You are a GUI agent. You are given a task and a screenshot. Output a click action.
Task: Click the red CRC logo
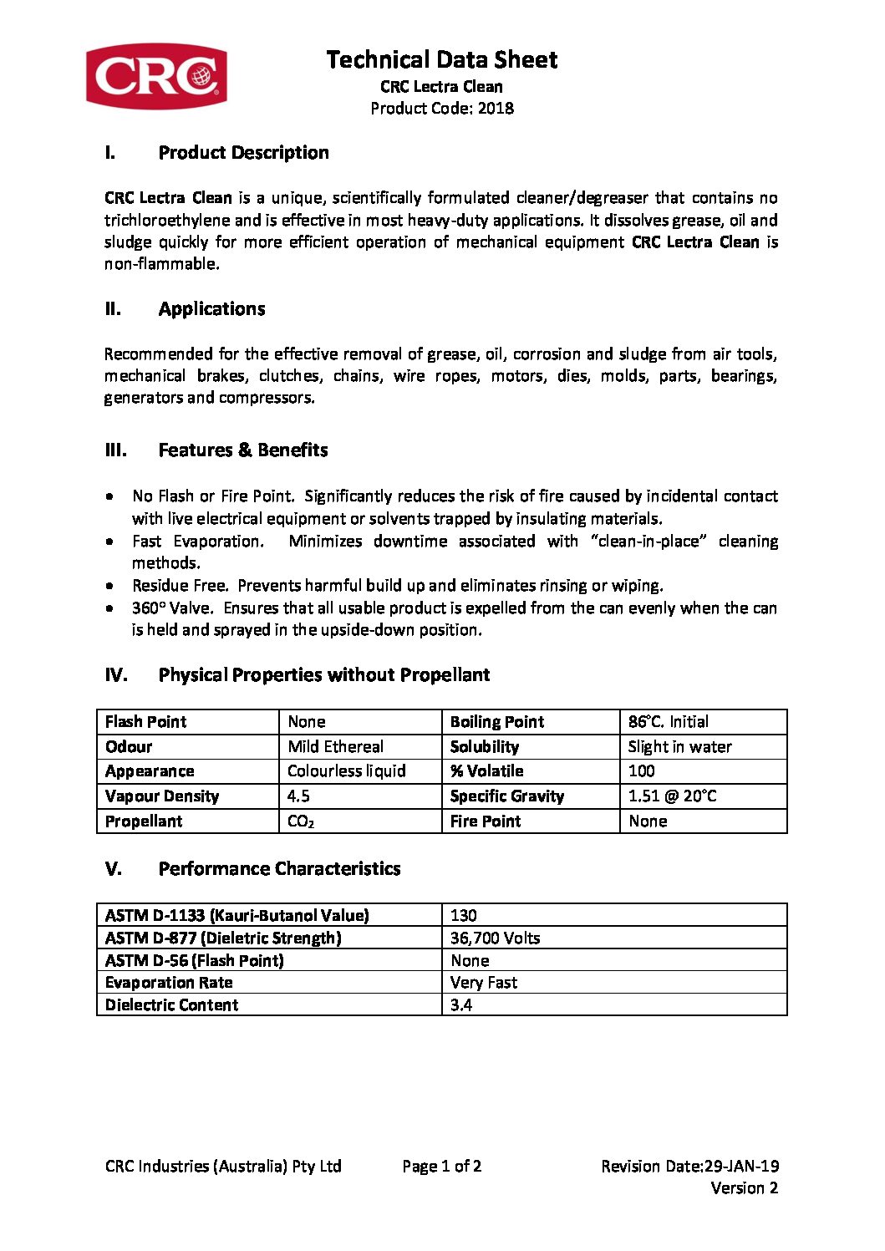[x=156, y=76]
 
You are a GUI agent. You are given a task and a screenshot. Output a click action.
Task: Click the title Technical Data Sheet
[x=441, y=59]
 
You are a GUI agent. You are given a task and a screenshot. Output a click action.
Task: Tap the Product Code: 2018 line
[x=441, y=108]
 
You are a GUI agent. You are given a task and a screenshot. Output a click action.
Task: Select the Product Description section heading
[x=243, y=152]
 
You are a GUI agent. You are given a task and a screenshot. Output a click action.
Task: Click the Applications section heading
[x=211, y=308]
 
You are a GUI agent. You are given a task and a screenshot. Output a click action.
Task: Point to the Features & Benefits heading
[x=242, y=450]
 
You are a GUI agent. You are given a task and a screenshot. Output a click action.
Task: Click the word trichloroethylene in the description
[x=167, y=220]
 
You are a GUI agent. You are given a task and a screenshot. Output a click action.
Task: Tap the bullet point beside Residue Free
[x=110, y=586]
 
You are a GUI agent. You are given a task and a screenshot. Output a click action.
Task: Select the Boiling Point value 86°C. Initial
[x=668, y=721]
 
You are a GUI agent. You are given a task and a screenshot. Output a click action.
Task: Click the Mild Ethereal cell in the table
[x=335, y=746]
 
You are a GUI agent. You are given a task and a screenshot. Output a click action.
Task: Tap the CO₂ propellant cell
[x=300, y=821]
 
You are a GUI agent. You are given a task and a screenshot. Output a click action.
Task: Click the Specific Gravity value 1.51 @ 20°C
[x=672, y=796]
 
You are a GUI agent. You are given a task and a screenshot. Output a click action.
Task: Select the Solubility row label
[x=484, y=746]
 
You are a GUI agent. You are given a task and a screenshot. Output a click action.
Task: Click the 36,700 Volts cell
[x=495, y=938]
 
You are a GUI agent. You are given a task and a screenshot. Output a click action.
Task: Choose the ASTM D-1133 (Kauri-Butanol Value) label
[x=237, y=915]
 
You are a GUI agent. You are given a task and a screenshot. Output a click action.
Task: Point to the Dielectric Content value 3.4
[x=461, y=1004]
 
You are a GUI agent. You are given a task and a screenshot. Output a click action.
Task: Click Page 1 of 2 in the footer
[x=441, y=1166]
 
